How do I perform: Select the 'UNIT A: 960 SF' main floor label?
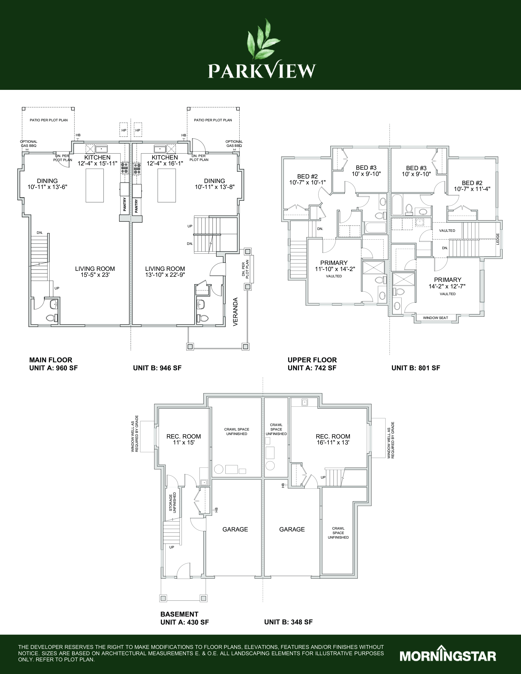[53, 368]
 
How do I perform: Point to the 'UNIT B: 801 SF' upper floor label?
[416, 368]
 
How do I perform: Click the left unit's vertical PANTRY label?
[125, 204]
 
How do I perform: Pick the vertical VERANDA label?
[236, 312]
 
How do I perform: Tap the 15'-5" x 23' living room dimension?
[95, 275]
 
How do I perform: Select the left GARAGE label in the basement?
[235, 529]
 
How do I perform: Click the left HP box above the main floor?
[124, 130]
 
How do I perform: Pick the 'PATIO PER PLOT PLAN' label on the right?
[213, 120]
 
